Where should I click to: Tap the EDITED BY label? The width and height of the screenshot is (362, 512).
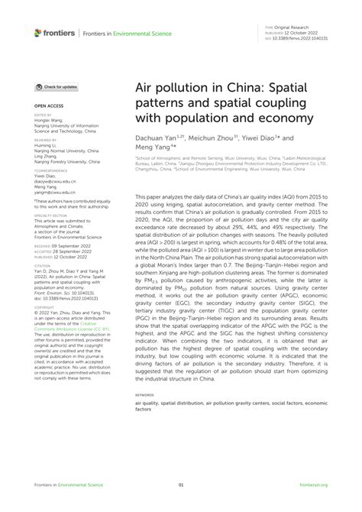tap(43, 114)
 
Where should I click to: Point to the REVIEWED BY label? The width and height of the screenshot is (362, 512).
tap(46, 141)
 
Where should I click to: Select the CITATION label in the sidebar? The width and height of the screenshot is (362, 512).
tap(43, 262)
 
